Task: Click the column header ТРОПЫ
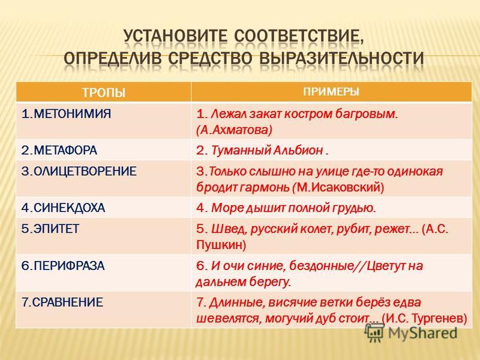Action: pyautogui.click(x=104, y=92)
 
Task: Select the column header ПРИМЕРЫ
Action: pyautogui.click(x=331, y=92)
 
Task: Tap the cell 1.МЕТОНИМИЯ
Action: pyautogui.click(x=67, y=114)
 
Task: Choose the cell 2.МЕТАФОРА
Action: pyautogui.click(x=59, y=151)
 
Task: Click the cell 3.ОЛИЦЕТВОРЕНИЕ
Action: pyautogui.click(x=79, y=171)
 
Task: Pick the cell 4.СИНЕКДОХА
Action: pyautogui.click(x=64, y=208)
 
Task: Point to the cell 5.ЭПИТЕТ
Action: pyautogui.click(x=50, y=229)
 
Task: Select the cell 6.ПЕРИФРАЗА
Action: pyautogui.click(x=63, y=265)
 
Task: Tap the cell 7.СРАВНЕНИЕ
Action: pyautogui.click(x=62, y=302)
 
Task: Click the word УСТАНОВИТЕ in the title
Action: pyautogui.click(x=176, y=37)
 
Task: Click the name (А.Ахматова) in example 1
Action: pyautogui.click(x=234, y=130)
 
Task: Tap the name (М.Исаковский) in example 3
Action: pyautogui.click(x=338, y=187)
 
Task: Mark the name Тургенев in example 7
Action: pyautogui.click(x=440, y=319)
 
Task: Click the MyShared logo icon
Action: pyautogui.click(x=374, y=333)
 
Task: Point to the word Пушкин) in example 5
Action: pyautogui.click(x=221, y=245)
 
